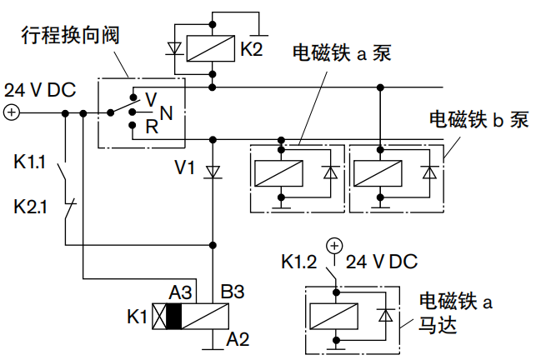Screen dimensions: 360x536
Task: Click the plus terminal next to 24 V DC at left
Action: tap(12, 113)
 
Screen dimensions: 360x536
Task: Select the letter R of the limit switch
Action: tap(151, 127)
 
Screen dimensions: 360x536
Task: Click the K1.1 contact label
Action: tap(31, 161)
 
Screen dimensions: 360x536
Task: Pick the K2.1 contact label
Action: tap(31, 205)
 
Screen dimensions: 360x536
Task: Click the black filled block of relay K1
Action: tap(174, 317)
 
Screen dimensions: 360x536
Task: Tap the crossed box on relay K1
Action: tap(158, 317)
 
